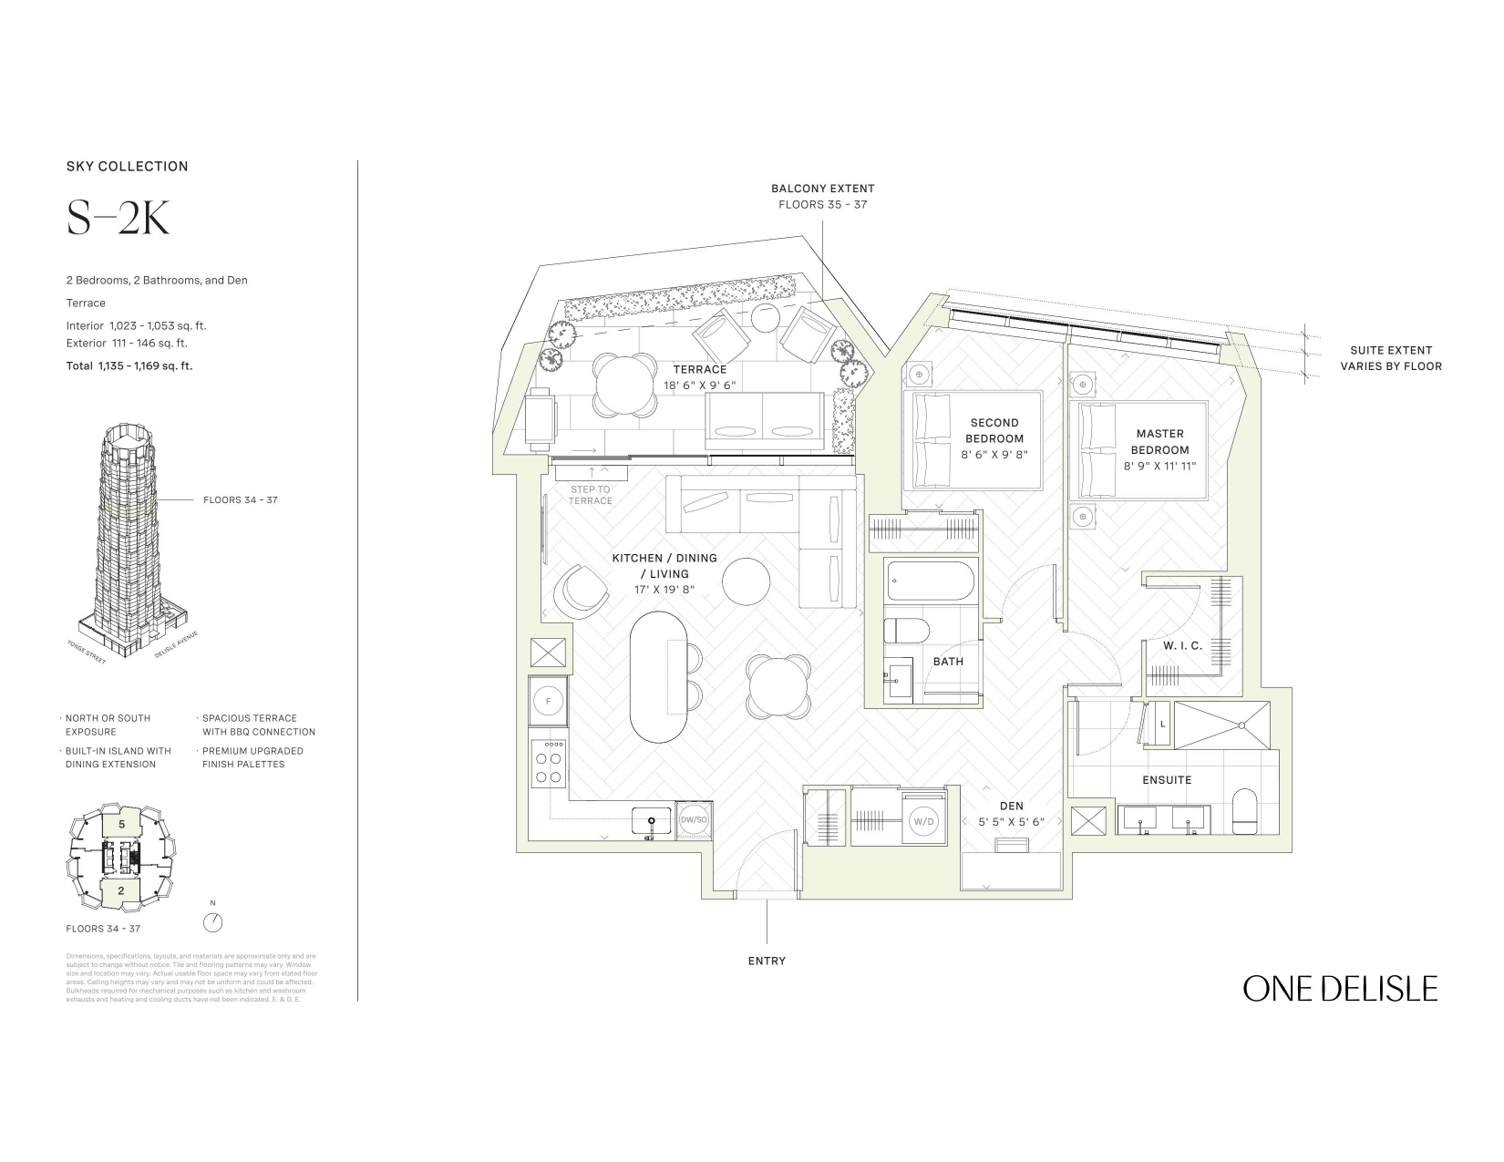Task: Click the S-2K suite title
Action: tap(118, 220)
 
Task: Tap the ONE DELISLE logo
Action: tap(1340, 989)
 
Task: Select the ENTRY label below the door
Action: tap(767, 961)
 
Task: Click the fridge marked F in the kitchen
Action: tap(548, 702)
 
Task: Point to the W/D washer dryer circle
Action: tap(923, 821)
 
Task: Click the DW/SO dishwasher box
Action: tap(694, 820)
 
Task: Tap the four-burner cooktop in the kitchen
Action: tap(549, 761)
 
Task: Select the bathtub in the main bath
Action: tap(931, 580)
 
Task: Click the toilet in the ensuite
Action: tap(1244, 812)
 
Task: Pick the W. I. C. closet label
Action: tap(1182, 645)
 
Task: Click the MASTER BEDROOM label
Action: tap(1160, 442)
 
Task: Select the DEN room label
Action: tap(1011, 806)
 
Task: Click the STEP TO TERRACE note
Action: tap(591, 495)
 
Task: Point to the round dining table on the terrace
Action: tap(625, 384)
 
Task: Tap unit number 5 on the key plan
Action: tap(121, 823)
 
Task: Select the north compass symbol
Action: tap(213, 921)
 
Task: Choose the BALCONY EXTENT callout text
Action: tap(822, 189)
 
